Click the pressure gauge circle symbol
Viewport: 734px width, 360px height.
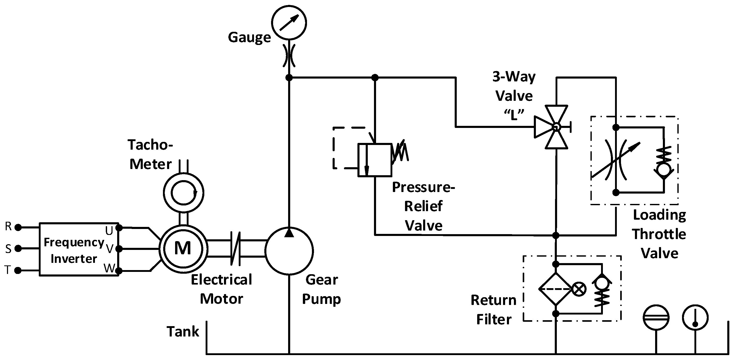click(x=289, y=22)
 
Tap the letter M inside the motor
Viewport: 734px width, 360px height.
click(x=183, y=248)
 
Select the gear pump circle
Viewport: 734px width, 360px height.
click(x=289, y=251)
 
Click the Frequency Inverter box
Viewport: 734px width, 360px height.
click(x=79, y=249)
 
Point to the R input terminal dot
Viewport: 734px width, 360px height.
click(x=18, y=227)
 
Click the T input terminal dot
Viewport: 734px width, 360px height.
click(x=18, y=270)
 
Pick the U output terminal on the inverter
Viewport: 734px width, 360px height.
click(x=119, y=228)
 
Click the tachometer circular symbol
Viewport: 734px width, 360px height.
click(x=184, y=193)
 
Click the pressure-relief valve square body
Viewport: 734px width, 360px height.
click(x=375, y=160)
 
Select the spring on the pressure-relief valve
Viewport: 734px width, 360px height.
click(x=400, y=152)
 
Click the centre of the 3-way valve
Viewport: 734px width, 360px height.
click(x=556, y=127)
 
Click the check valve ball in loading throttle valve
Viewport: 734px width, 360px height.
click(x=664, y=170)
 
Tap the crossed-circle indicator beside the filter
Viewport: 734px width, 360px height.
click(x=579, y=289)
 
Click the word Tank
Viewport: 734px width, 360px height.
click(x=183, y=332)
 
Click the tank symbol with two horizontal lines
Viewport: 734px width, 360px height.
click(x=656, y=318)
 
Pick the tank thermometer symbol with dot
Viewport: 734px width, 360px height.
click(x=695, y=318)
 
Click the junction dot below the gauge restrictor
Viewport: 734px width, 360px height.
click(x=289, y=78)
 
